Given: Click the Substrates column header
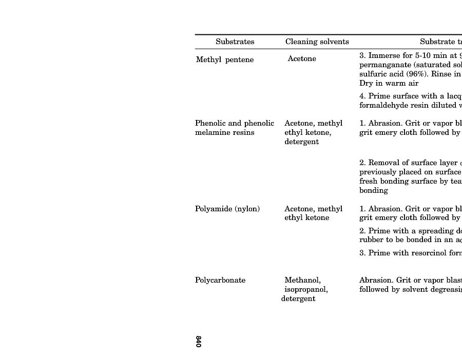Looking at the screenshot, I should [x=235, y=42].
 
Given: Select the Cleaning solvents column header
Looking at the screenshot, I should [x=317, y=42].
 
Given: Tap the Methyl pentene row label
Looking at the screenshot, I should [x=225, y=60].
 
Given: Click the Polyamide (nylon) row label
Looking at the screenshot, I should [x=227, y=209].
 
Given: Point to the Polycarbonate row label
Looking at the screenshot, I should [x=220, y=281].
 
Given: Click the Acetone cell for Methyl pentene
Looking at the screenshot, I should [x=302, y=59].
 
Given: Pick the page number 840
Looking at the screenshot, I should [x=198, y=342].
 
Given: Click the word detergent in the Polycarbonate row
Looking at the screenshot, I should [x=298, y=299].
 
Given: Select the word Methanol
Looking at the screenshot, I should [x=303, y=281].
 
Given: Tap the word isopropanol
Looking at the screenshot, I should [x=306, y=290].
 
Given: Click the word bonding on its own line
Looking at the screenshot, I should [x=374, y=191].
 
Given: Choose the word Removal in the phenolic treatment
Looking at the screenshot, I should [x=382, y=163].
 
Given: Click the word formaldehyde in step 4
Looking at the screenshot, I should [x=384, y=106].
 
